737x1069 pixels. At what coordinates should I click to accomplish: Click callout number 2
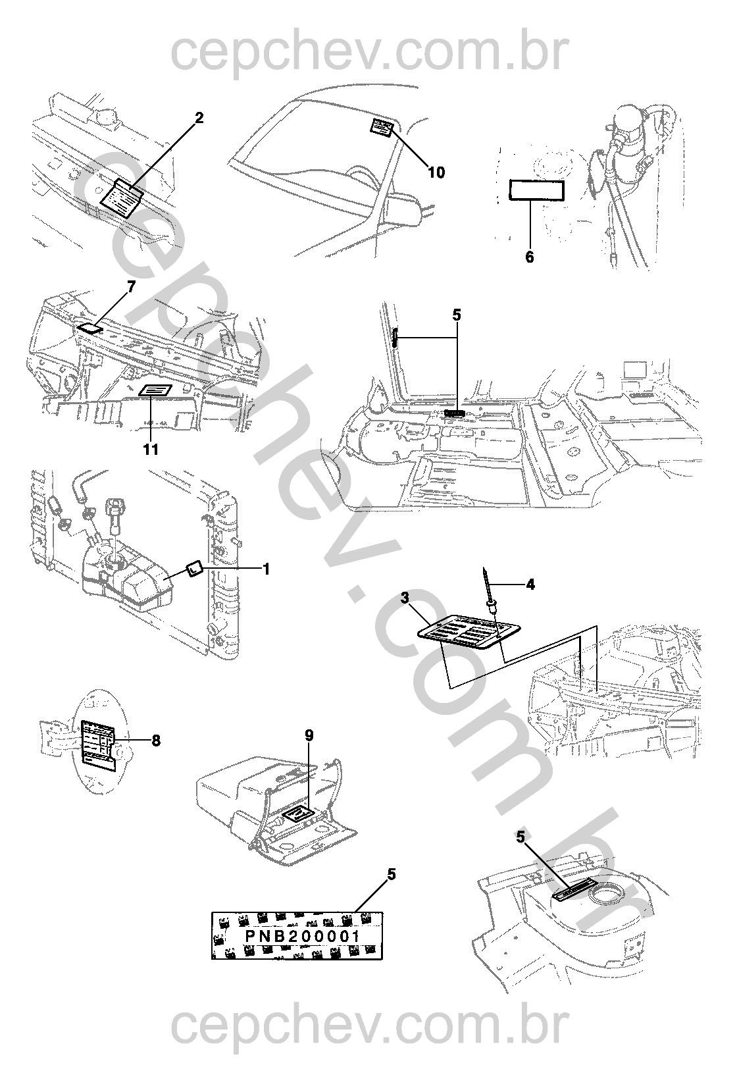199,117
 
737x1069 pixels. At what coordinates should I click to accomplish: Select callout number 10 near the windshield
436,172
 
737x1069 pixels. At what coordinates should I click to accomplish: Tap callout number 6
530,257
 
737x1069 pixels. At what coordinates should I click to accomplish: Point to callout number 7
131,287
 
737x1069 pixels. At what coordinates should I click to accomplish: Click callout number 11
151,449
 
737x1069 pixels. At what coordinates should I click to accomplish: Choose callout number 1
267,569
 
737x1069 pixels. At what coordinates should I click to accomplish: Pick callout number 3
405,598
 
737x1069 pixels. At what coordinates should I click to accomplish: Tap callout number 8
156,741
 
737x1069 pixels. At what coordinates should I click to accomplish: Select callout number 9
309,735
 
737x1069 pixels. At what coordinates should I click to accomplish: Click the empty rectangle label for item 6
537,190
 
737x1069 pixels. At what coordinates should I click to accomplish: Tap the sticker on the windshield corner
382,128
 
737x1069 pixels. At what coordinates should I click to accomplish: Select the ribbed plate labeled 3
469,632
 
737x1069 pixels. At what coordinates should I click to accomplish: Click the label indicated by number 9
297,812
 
